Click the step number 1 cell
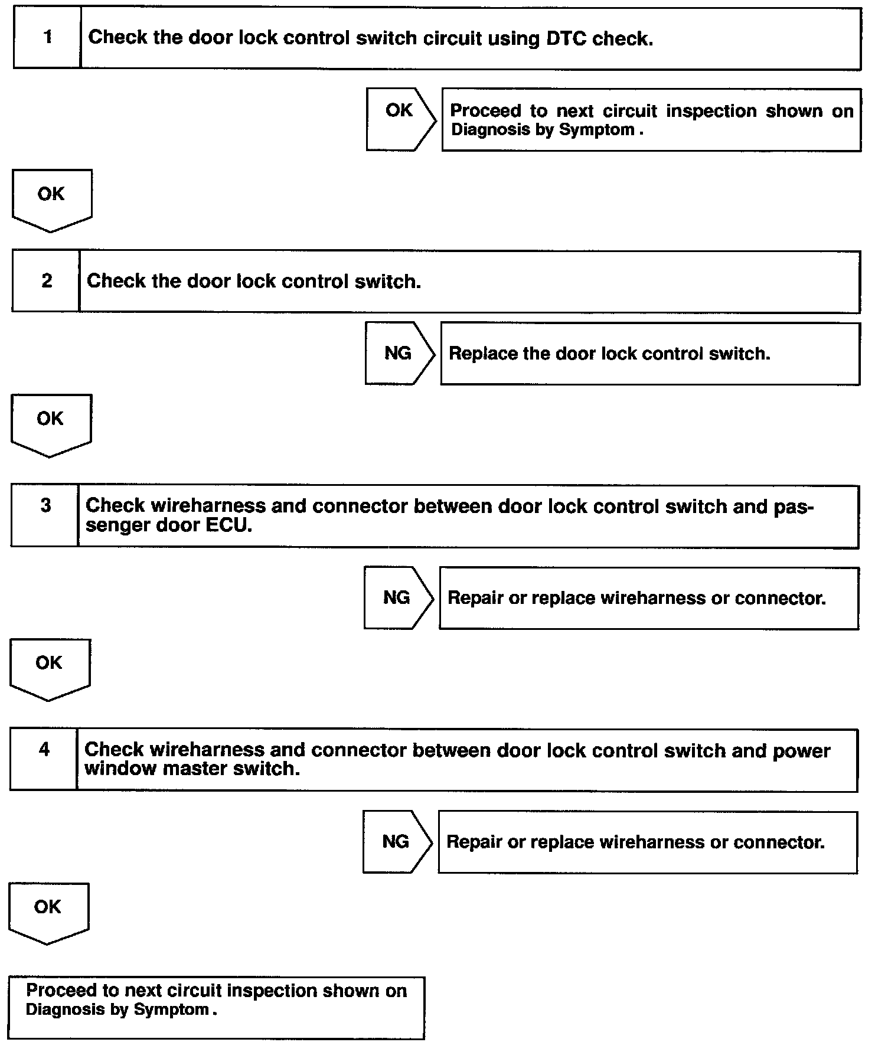(x=47, y=38)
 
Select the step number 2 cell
(x=46, y=281)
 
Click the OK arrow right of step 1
(x=400, y=119)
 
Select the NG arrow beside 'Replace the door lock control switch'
(x=399, y=353)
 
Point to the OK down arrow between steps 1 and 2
(x=51, y=200)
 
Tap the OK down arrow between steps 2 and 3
(x=50, y=424)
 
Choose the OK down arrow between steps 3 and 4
(x=49, y=668)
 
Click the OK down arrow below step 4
(x=48, y=913)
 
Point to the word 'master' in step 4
(x=195, y=769)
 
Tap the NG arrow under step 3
(x=397, y=597)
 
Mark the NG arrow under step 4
(x=396, y=841)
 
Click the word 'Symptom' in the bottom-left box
(x=171, y=1009)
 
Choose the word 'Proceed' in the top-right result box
(x=485, y=111)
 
